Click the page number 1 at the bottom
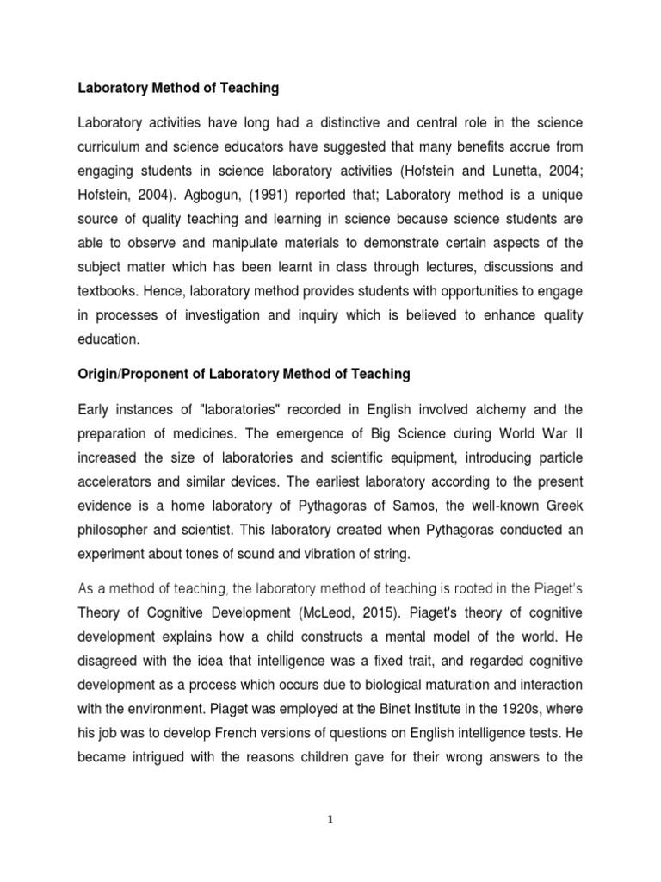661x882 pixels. pyautogui.click(x=331, y=820)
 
